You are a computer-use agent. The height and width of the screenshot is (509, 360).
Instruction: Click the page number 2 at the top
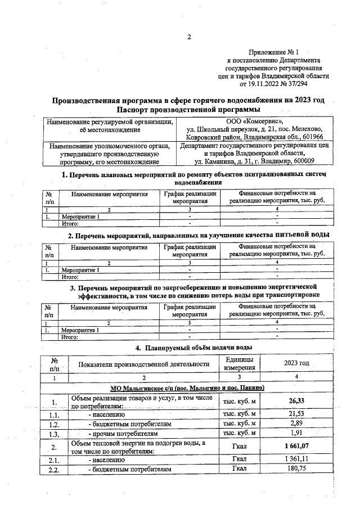pos(189,38)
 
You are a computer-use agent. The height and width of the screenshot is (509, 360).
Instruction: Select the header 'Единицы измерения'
pos(240,363)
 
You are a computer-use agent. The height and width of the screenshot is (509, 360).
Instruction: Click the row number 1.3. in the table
pos(53,434)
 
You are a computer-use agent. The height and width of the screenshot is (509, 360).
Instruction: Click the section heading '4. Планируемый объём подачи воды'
pos(189,348)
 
